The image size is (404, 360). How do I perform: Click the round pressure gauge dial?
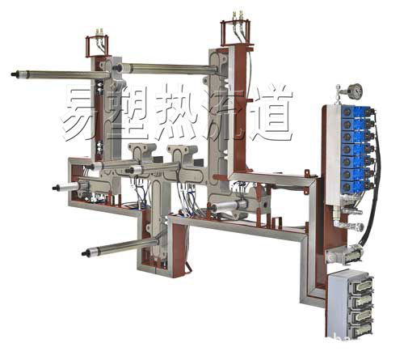pyautogui.click(x=354, y=91)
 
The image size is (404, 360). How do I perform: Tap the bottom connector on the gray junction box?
pyautogui.click(x=360, y=328)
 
